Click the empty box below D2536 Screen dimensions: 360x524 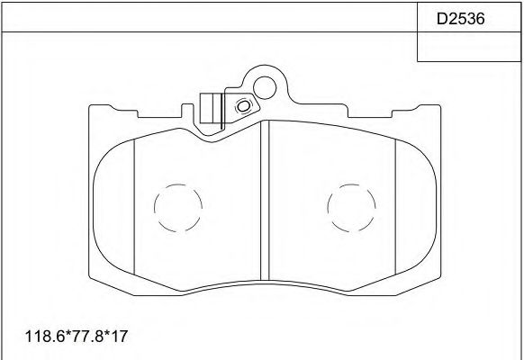click(470, 47)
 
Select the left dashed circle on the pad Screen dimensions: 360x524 click(176, 210)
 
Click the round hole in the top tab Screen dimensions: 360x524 click(265, 87)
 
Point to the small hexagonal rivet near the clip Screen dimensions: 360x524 click(241, 107)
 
